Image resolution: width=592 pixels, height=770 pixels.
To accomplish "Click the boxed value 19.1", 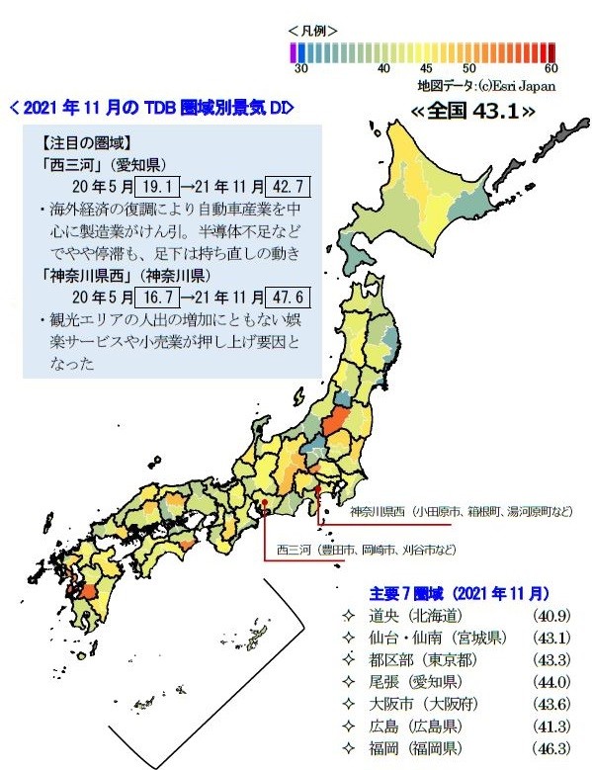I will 156,185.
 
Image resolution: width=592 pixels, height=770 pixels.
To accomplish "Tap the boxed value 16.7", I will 156,297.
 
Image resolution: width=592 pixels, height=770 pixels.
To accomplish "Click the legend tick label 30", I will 300,69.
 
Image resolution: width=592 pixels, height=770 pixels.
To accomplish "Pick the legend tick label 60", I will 550,69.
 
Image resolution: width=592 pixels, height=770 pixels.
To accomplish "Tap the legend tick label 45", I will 426,69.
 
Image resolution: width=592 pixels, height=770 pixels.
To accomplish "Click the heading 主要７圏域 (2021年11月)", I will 459,594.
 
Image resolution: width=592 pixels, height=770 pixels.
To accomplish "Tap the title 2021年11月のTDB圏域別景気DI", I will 150,107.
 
